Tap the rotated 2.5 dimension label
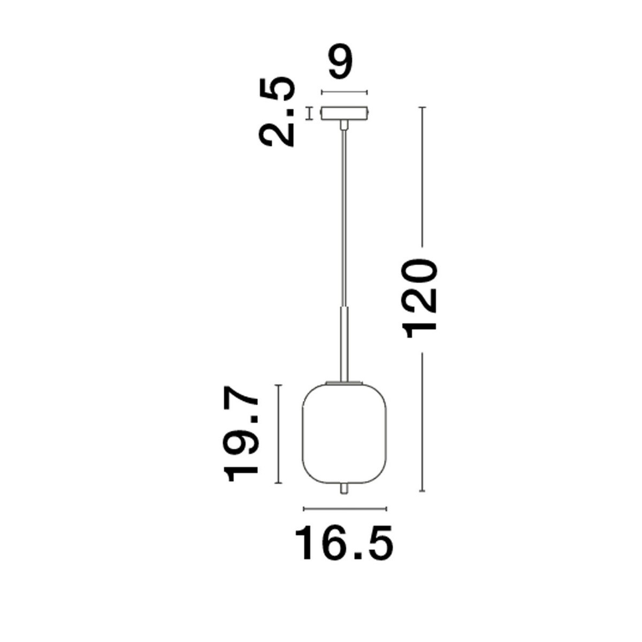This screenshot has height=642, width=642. [278, 112]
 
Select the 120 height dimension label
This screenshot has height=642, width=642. [423, 299]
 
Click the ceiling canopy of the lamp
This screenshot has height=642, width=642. [344, 114]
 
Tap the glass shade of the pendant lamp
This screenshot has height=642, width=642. [345, 433]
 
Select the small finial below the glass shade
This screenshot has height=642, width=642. [345, 490]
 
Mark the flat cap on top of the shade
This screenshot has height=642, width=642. [345, 382]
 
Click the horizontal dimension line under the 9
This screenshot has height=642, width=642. [344, 91]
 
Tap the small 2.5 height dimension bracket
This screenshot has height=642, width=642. [309, 113]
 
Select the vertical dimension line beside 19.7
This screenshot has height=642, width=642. [278, 434]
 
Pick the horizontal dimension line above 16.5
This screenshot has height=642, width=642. [345, 508]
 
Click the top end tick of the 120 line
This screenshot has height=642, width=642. [423, 108]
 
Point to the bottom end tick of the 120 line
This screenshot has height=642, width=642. [423, 491]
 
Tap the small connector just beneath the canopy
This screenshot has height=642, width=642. [344, 125]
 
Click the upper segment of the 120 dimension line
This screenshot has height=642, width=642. [423, 177]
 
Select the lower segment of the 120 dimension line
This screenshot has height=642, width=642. [423, 423]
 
